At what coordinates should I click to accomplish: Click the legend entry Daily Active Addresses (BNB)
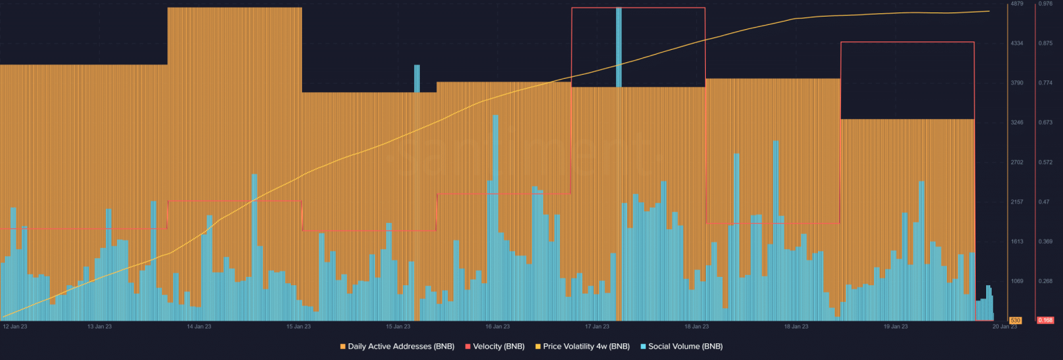[x=401, y=346]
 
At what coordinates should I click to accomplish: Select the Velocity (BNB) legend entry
[x=492, y=346]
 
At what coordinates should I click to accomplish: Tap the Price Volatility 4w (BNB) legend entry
[x=581, y=346]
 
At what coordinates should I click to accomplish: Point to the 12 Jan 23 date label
[x=15, y=326]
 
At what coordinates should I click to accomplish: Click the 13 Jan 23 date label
[x=100, y=326]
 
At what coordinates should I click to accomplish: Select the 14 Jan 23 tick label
[x=199, y=326]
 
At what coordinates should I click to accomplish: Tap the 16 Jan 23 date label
[x=498, y=326]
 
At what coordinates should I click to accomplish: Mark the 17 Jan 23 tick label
[x=597, y=326]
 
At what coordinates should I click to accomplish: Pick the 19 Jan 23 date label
[x=896, y=326]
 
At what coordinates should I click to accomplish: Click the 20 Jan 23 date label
[x=1005, y=326]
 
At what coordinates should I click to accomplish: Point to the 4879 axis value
[x=1017, y=3]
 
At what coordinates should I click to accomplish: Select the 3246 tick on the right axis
[x=1017, y=123]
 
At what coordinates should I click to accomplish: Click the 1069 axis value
[x=1017, y=281]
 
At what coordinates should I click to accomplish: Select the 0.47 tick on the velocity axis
[x=1044, y=201]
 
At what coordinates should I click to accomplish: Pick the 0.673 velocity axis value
[x=1045, y=123]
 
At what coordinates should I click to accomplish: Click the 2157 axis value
[x=1017, y=201]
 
